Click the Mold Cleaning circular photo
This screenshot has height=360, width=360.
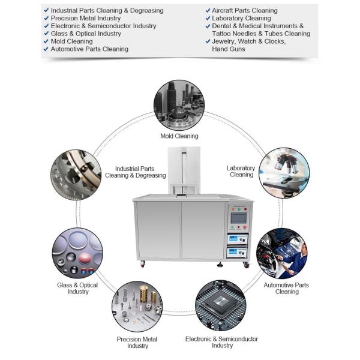179,105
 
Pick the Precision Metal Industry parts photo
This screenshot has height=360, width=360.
137,305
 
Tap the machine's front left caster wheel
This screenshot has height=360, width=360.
142,264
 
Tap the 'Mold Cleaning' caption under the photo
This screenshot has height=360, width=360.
179,136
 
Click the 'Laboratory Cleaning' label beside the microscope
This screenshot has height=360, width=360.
242,172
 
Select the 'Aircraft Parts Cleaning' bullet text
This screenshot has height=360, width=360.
245,11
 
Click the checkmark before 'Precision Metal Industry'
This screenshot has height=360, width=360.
47,19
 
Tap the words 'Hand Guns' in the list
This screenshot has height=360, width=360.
229,49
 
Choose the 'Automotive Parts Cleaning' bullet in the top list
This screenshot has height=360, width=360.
89,49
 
